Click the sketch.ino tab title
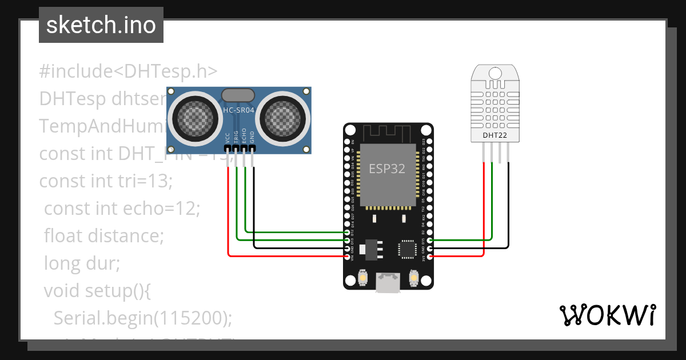pos(101,25)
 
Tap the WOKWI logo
pos(607,315)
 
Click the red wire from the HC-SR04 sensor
pos(229,217)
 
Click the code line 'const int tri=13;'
pos(106,181)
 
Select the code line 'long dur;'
pos(82,263)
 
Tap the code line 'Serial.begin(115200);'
pos(143,318)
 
